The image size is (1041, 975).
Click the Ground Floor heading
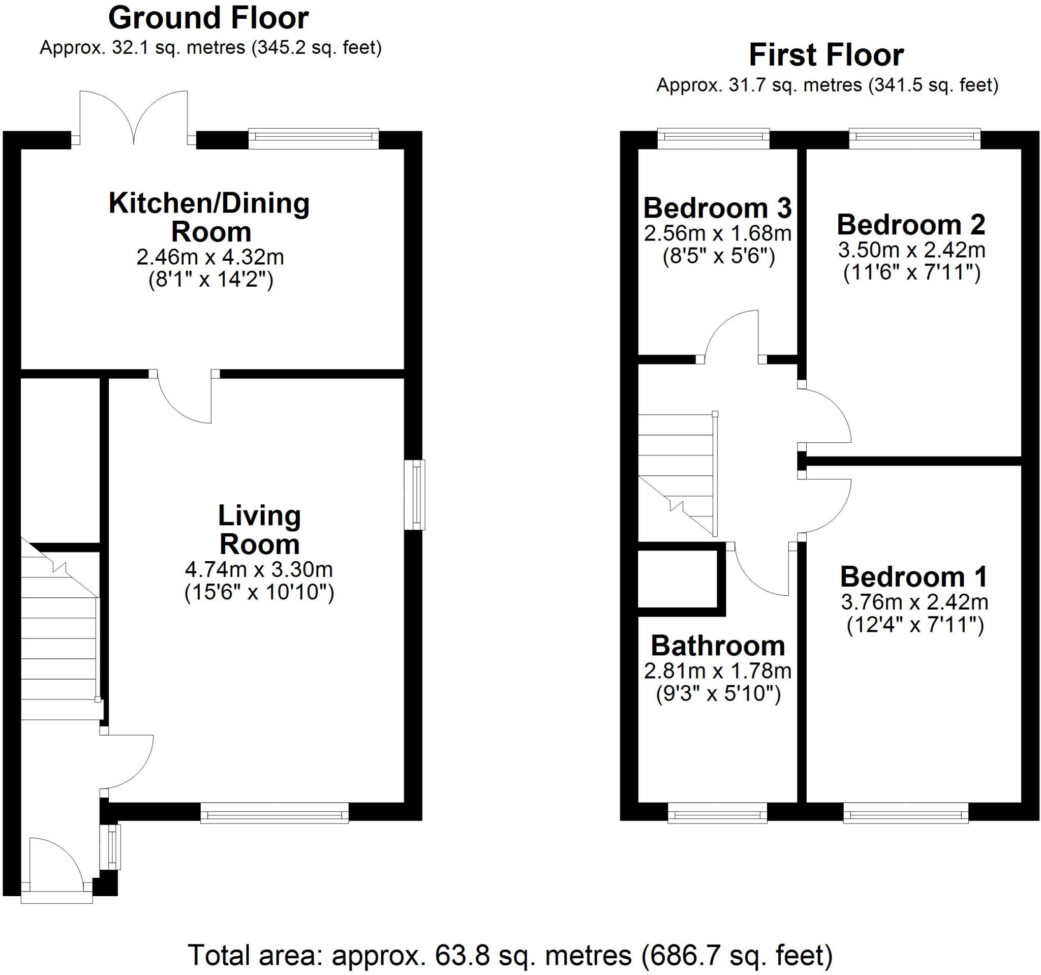pos(208,19)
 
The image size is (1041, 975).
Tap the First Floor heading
pos(826,55)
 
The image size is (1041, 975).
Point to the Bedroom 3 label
pos(717,208)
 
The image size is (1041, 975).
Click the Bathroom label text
pos(717,646)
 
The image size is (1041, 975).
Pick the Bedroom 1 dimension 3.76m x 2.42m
pos(914,602)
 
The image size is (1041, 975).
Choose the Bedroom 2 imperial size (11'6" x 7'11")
pos(912,273)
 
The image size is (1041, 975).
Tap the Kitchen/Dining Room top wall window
pos(313,138)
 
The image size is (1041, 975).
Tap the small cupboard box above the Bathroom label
pos(678,579)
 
